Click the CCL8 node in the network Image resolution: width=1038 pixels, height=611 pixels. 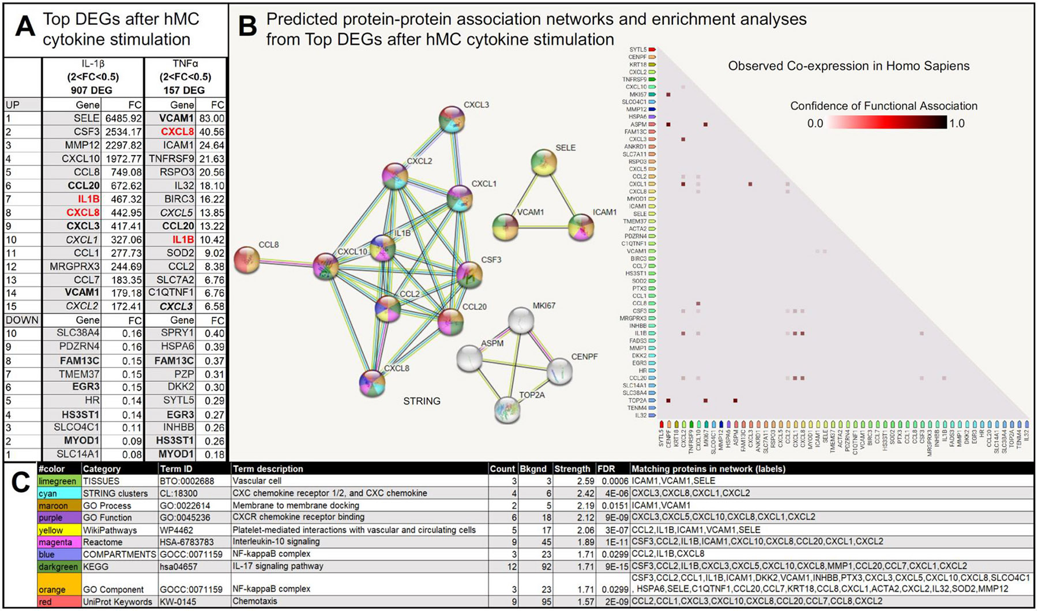coord(247,260)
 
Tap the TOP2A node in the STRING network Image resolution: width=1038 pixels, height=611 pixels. coord(507,410)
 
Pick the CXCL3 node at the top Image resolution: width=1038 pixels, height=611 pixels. coord(452,119)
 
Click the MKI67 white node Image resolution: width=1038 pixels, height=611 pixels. coord(521,320)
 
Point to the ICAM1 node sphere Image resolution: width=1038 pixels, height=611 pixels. coord(581,227)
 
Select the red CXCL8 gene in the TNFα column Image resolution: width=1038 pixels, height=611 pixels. coord(178,132)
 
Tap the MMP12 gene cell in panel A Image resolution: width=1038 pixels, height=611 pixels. coord(81,145)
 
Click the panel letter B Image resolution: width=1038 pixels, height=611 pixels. coord(247,27)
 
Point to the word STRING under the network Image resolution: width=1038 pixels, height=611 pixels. coord(422,401)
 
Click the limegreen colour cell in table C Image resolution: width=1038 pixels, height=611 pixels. coord(58,481)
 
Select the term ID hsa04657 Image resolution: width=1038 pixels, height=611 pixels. coord(177,566)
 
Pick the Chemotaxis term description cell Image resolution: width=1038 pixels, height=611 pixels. coord(255,602)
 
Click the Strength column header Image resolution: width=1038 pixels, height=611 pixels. coord(572,469)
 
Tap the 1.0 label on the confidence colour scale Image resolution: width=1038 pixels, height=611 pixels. coord(957,123)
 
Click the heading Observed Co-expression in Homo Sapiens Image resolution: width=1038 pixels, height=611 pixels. coord(849,66)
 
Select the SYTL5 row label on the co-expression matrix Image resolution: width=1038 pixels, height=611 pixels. coord(637,50)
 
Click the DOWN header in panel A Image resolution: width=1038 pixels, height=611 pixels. coord(22,320)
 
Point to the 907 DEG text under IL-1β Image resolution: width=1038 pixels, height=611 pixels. coord(92,90)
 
